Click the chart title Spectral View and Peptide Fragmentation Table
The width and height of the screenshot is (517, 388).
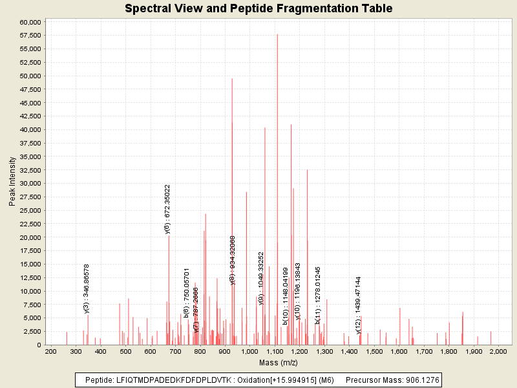(x=258, y=8)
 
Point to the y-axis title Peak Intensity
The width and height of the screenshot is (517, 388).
(x=12, y=183)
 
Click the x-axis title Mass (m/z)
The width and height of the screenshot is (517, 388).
(x=277, y=363)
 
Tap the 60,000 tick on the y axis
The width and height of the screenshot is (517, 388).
(x=31, y=22)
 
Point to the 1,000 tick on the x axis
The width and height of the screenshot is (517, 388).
(x=249, y=351)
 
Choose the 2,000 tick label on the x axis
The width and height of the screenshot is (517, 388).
(x=498, y=351)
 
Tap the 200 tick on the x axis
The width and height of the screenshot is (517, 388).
(x=50, y=351)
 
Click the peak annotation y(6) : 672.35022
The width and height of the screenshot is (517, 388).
(x=167, y=209)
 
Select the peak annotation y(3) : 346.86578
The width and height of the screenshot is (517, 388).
(x=87, y=288)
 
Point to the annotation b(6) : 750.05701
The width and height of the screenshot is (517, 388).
(x=187, y=292)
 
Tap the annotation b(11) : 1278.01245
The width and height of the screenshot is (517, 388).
(x=318, y=295)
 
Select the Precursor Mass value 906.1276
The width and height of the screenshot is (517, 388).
(x=415, y=380)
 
